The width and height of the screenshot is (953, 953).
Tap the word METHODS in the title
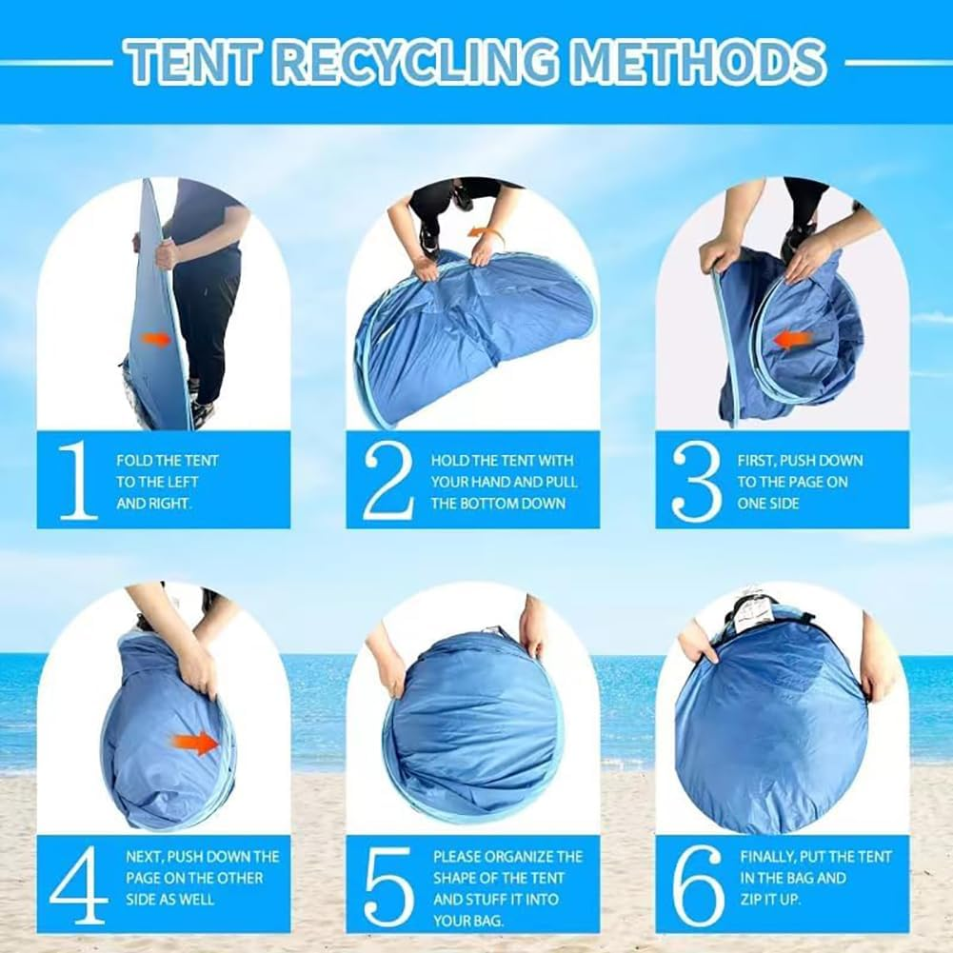point(699,62)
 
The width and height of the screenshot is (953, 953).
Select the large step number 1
point(78,480)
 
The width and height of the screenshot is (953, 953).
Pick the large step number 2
point(389,480)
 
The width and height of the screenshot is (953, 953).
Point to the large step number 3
point(697,482)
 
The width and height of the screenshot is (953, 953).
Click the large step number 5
point(389,886)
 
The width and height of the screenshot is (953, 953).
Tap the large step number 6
point(699,885)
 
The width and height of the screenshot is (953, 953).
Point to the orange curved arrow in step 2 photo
point(485,234)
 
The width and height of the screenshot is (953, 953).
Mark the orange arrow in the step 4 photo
point(195,743)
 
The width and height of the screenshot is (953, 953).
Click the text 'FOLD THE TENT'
point(168,461)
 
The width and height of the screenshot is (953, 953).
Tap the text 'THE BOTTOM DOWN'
point(498,504)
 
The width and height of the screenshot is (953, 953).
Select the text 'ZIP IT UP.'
point(767,899)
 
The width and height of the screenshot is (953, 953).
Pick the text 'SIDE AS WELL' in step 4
point(170,899)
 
